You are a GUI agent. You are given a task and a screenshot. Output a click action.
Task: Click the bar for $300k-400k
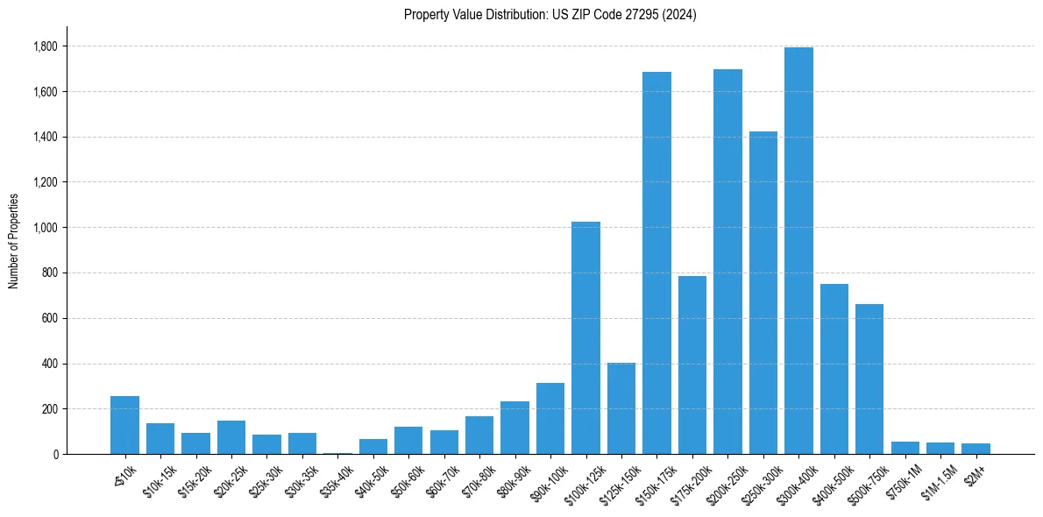coord(798,251)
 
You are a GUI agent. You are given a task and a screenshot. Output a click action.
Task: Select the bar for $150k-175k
coord(656,263)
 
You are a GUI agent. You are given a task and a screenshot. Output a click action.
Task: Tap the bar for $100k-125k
coord(585,337)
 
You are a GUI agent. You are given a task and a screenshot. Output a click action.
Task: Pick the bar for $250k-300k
coord(763,293)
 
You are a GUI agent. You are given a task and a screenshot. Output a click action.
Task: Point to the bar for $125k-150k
coord(621,408)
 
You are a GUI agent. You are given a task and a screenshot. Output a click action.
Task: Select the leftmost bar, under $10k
coord(124,425)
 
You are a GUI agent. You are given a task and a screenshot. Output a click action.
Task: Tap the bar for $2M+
coord(976,449)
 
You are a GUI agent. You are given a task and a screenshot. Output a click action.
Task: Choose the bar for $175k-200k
coord(692,365)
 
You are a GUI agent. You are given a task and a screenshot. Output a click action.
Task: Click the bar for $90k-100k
coord(550,418)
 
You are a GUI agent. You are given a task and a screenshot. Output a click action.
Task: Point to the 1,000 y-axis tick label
coord(45,228)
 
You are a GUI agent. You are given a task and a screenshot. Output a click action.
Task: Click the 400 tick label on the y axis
coord(50,364)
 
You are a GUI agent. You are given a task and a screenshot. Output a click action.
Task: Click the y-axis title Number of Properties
coord(13,241)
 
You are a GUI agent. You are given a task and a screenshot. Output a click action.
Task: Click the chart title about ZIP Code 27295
coord(550,15)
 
